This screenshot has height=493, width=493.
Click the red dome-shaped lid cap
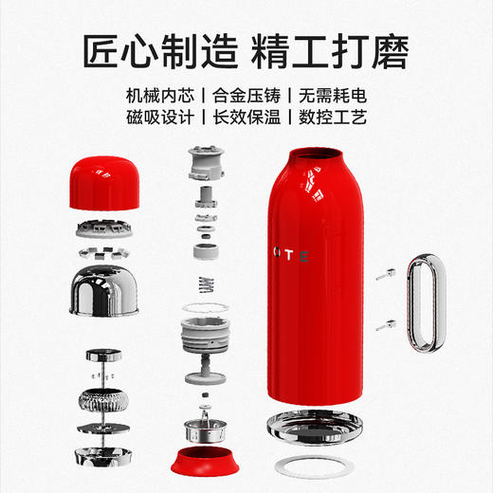105,180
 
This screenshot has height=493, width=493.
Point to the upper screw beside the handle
384,276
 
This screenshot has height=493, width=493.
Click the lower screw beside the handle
385,325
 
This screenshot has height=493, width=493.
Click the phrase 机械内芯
160,96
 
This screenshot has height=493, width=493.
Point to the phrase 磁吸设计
160,119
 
